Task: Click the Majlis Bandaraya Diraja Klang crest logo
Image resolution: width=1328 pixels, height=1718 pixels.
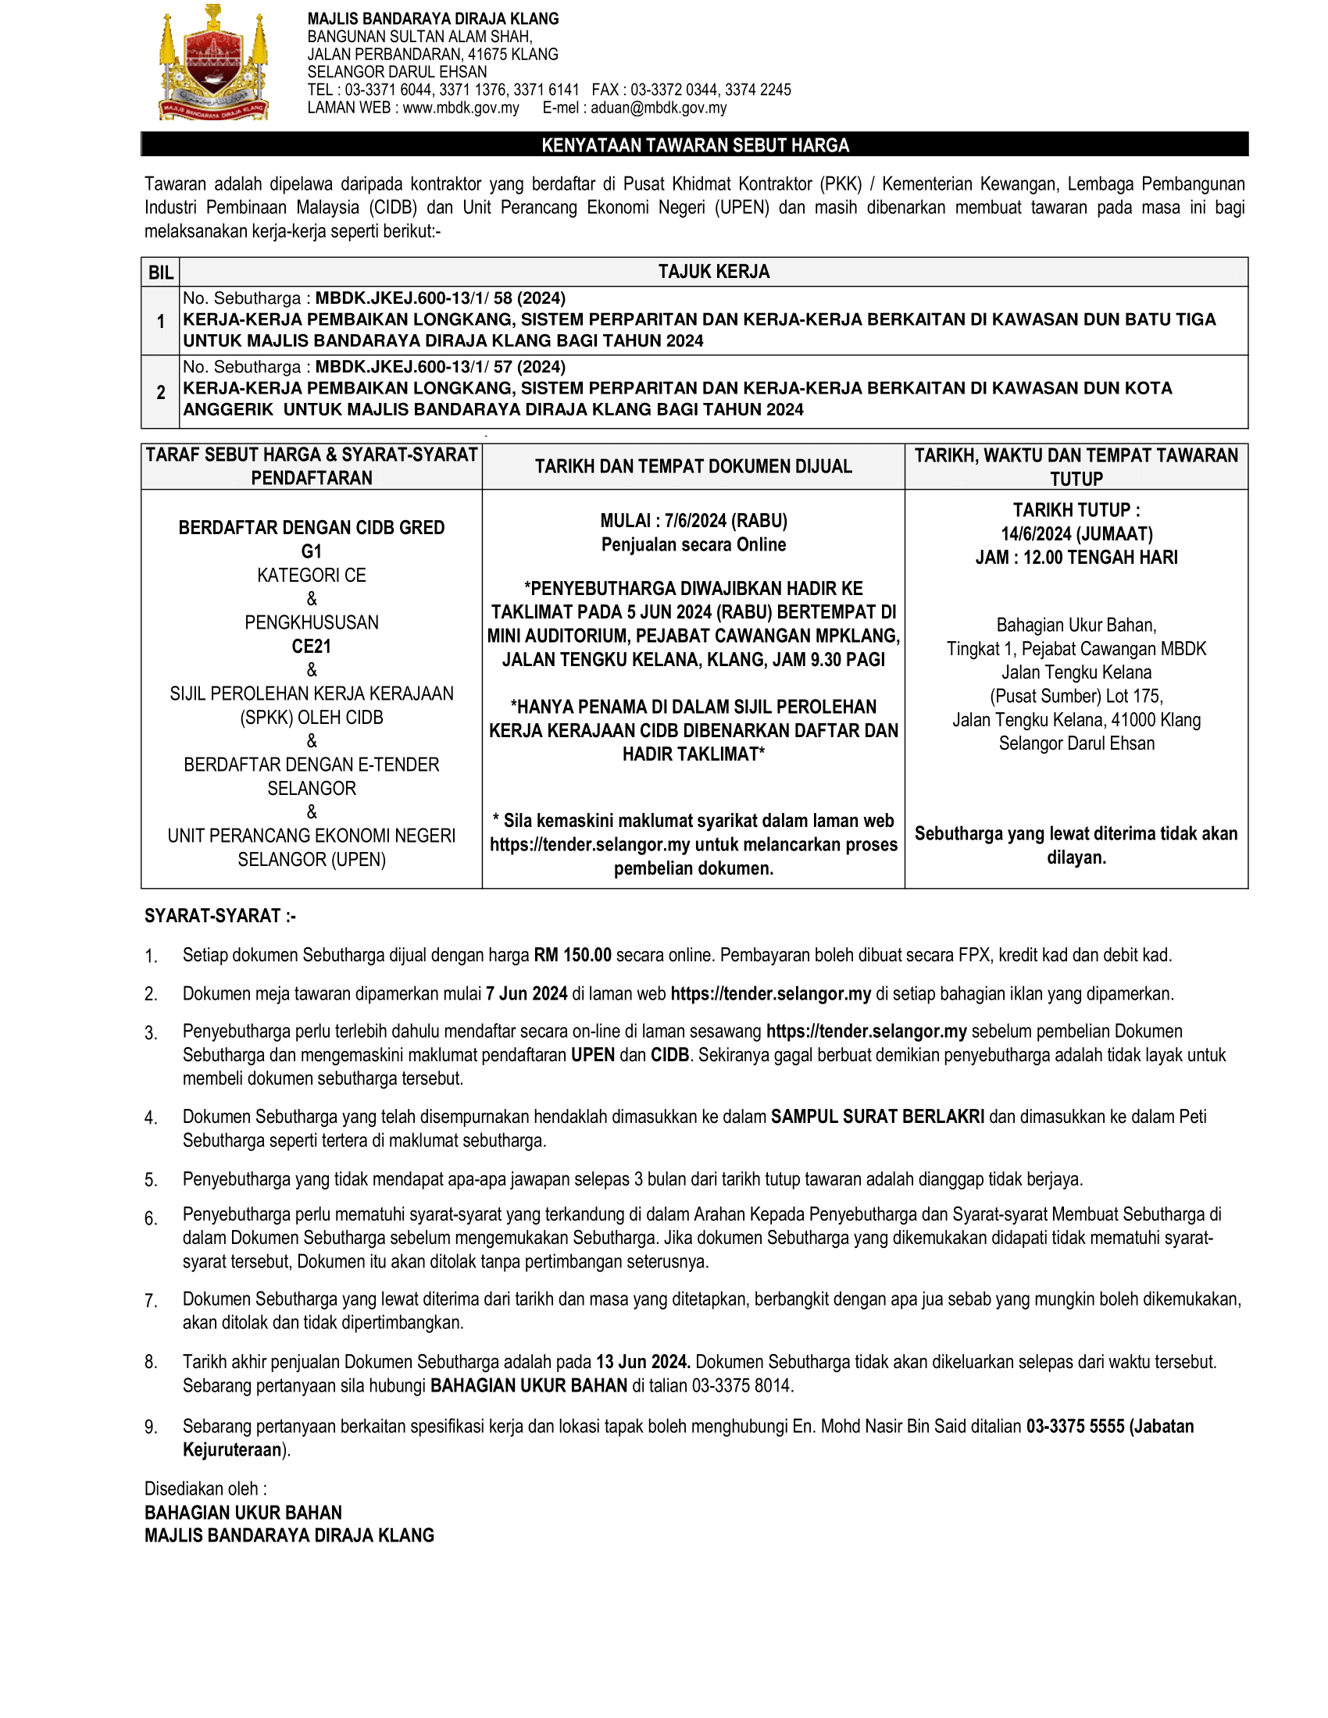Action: click(x=214, y=63)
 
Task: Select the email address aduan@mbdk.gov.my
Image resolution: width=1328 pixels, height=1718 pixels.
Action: click(x=659, y=108)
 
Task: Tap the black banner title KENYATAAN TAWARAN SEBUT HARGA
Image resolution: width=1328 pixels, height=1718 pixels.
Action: click(x=694, y=145)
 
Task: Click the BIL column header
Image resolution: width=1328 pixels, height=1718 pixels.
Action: click(x=160, y=273)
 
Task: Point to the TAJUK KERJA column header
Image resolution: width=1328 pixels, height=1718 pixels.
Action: click(x=713, y=273)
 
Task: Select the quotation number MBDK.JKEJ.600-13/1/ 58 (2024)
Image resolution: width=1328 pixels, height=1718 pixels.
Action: click(x=440, y=298)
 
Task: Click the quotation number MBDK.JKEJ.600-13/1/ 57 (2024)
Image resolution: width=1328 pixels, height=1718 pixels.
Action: click(x=440, y=366)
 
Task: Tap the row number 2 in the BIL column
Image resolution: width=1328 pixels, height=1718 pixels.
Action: click(x=160, y=393)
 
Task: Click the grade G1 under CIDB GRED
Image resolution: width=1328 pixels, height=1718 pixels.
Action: click(x=312, y=551)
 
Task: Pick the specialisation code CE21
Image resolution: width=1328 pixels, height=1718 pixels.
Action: click(x=312, y=647)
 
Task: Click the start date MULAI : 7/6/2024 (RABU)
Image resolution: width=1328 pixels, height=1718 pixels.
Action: click(x=693, y=521)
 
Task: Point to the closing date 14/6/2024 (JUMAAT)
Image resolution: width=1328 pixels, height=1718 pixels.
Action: click(x=1076, y=534)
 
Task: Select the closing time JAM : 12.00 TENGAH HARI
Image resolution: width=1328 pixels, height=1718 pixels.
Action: click(x=1076, y=558)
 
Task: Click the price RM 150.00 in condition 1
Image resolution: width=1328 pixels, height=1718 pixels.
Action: click(x=572, y=955)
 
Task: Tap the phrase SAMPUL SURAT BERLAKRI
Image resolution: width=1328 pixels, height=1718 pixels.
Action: click(x=877, y=1116)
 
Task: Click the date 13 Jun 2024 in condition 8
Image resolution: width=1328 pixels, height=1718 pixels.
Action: click(x=643, y=1362)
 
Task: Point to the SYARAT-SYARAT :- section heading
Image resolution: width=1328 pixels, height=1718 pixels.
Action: click(x=220, y=916)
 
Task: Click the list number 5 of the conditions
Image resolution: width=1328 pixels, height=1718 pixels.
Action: click(x=151, y=1180)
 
